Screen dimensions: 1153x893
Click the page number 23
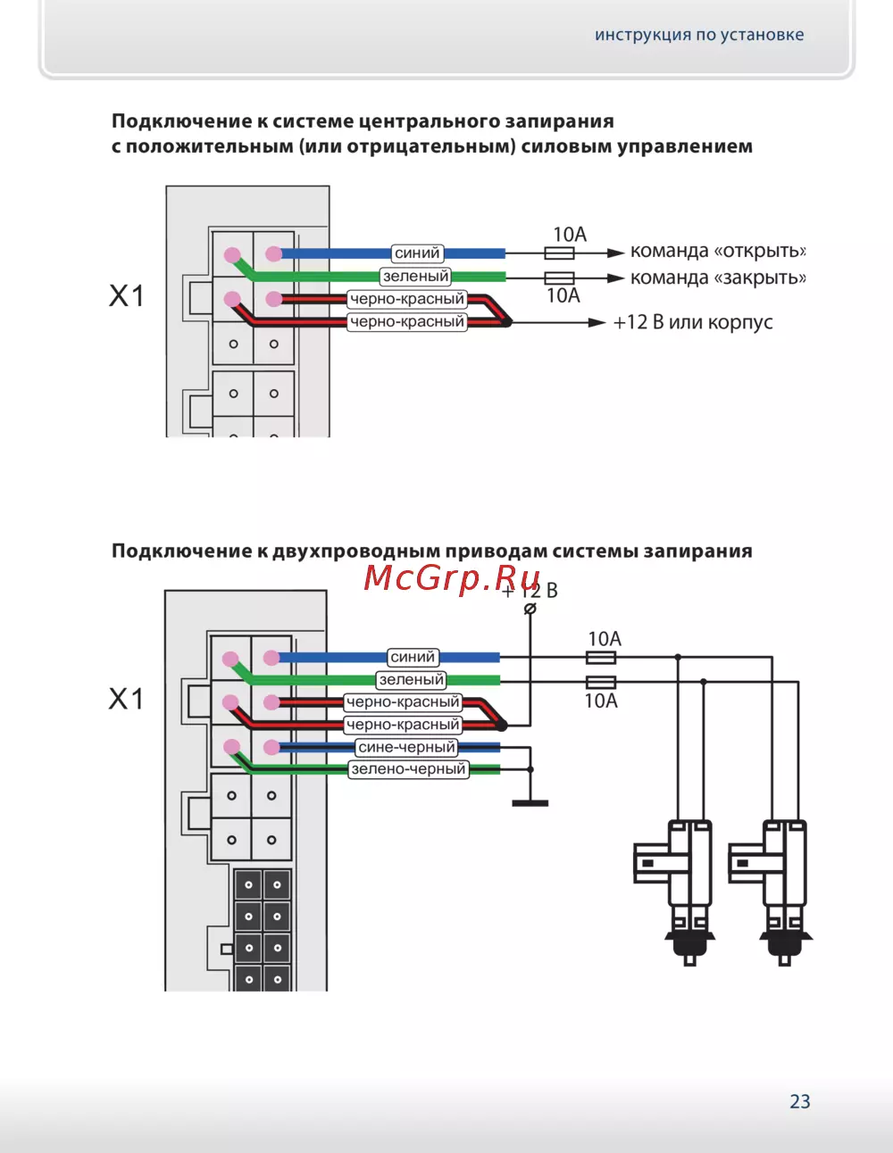[799, 1101]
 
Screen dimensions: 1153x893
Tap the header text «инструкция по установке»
[699, 35]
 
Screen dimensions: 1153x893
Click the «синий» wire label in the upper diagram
[417, 253]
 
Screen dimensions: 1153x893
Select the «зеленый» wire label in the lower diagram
[411, 680]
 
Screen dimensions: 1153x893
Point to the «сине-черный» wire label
[406, 747]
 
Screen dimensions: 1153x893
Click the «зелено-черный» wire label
[408, 769]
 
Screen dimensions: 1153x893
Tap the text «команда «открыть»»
[717, 251]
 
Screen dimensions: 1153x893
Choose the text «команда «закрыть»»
[717, 278]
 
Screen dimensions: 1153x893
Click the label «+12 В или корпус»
[692, 322]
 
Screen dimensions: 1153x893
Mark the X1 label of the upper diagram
[127, 296]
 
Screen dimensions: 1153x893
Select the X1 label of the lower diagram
[127, 699]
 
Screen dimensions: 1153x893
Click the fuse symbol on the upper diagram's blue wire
[559, 253]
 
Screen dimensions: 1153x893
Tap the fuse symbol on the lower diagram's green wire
[600, 682]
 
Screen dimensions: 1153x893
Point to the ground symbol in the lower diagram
[530, 802]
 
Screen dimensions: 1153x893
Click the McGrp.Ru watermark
[452, 578]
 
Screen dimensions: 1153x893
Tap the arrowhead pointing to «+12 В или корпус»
[597, 322]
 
